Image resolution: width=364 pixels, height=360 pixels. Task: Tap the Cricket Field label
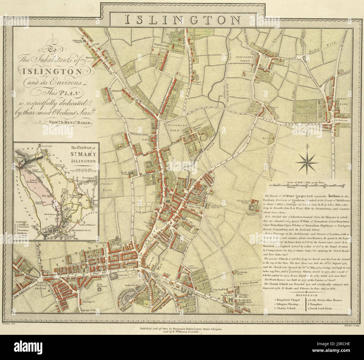tap(106, 188)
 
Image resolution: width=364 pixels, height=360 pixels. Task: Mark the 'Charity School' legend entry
tap(286, 309)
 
